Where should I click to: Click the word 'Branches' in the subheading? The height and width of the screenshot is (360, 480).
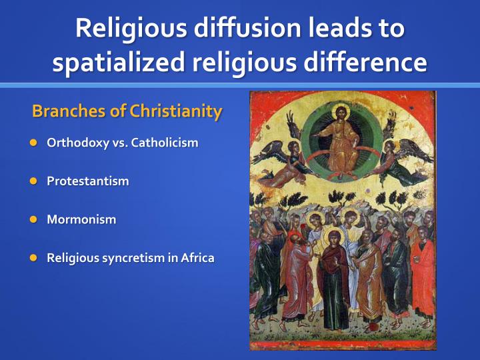pos(69,111)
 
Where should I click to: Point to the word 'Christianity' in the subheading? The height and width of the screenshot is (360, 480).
pos(175,111)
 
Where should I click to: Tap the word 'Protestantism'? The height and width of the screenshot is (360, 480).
pos(88,181)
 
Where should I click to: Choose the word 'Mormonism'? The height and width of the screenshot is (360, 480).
pos(81,219)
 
